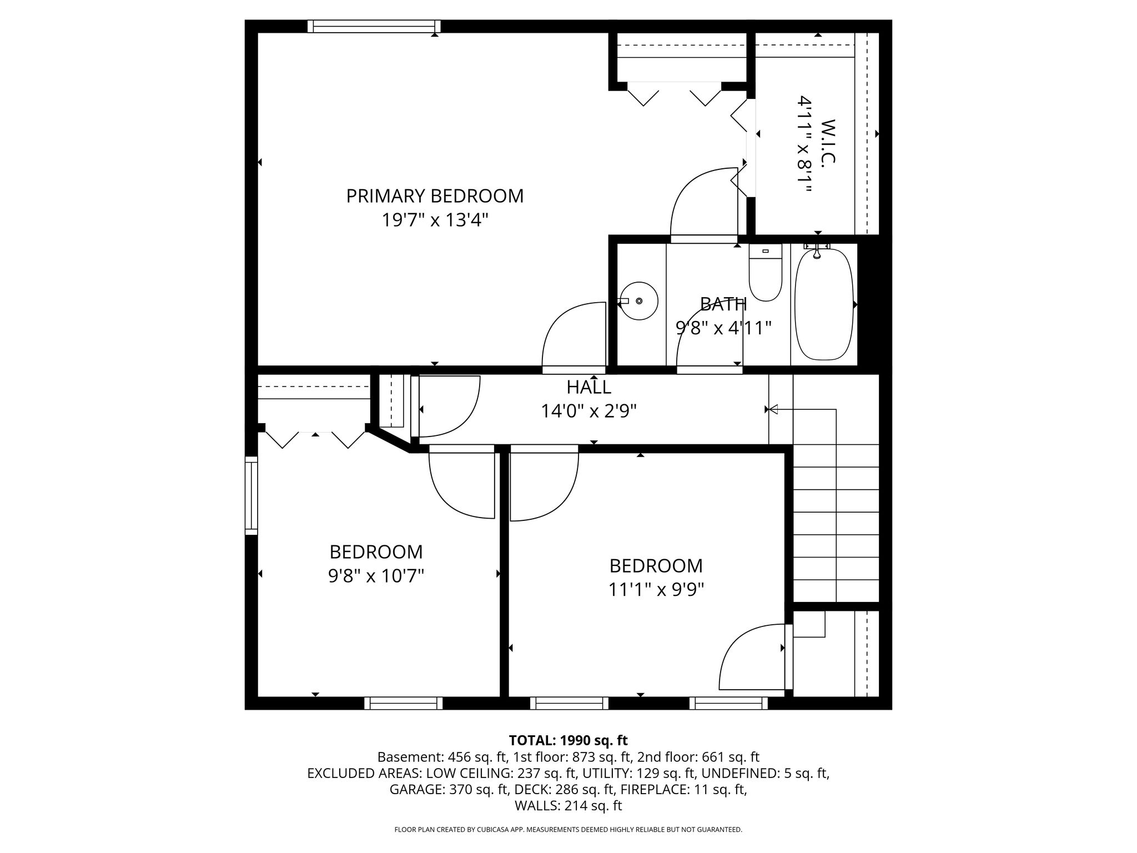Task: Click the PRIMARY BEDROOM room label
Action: pos(435,196)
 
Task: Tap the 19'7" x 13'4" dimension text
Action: pos(435,220)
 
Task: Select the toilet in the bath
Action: pos(766,273)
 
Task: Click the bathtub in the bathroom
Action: pos(824,304)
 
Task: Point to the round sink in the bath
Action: pos(638,301)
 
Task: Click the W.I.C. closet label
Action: pos(827,141)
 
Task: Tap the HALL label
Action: pos(588,387)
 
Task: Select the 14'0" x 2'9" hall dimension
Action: pos(588,411)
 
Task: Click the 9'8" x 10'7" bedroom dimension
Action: pos(376,576)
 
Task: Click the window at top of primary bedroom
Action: pos(374,26)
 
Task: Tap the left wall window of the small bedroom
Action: pos(251,495)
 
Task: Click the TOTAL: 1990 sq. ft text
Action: pos(568,740)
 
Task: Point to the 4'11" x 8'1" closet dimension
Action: pos(805,144)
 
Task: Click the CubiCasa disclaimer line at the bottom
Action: pos(568,830)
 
